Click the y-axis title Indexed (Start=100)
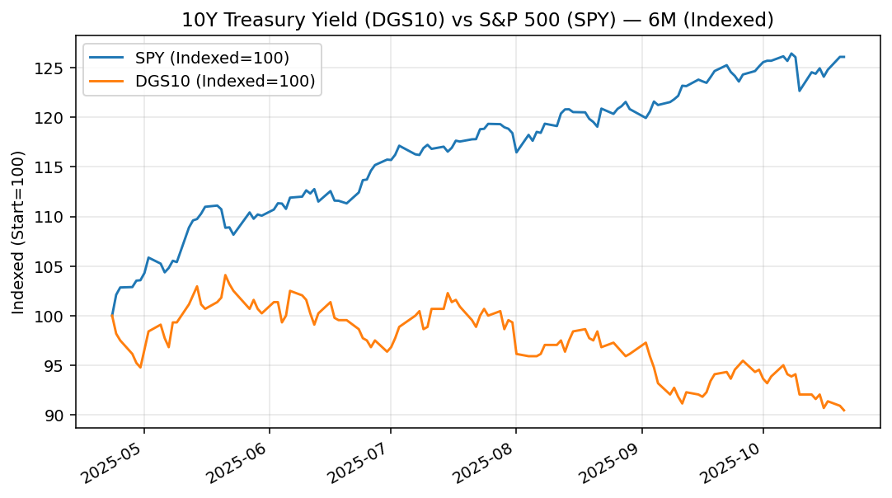18,232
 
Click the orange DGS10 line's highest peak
225,275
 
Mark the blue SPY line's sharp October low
799,91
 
